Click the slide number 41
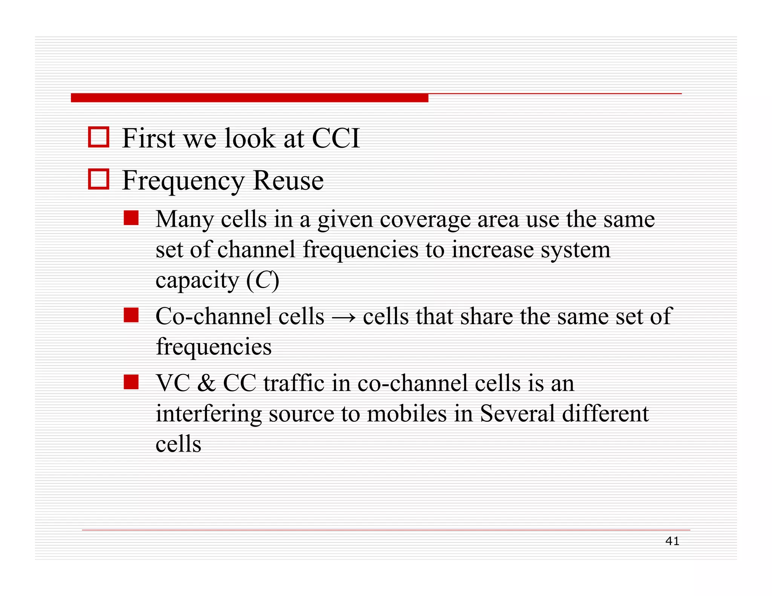[x=672, y=541]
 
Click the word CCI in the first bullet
[x=336, y=138]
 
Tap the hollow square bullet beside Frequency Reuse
[x=99, y=179]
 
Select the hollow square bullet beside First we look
[x=99, y=137]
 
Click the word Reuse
[x=288, y=180]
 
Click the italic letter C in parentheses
[x=263, y=280]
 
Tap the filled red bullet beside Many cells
[x=131, y=218]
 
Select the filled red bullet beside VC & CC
[x=131, y=382]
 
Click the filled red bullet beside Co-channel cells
[x=131, y=315]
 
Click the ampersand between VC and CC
[x=206, y=384]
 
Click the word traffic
[x=294, y=384]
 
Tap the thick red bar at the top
[x=249, y=98]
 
